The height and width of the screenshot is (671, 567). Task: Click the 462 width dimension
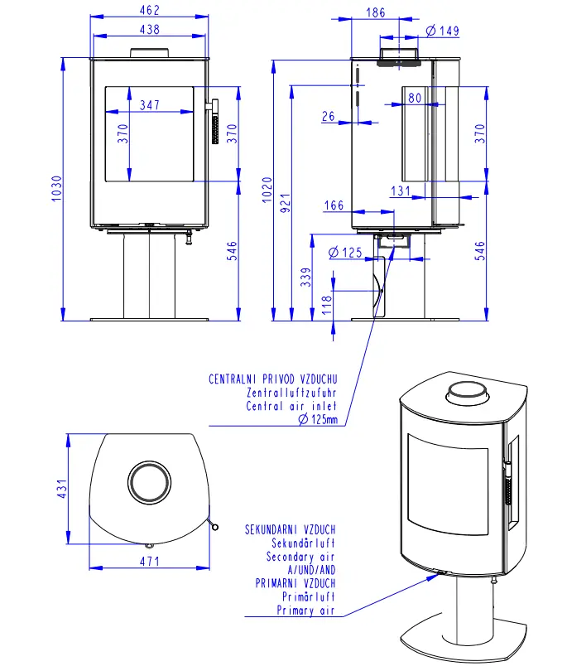(x=150, y=10)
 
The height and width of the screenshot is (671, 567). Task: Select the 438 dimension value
(x=150, y=30)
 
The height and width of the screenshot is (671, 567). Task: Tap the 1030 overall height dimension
(x=56, y=188)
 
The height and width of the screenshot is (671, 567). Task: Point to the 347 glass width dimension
(x=150, y=105)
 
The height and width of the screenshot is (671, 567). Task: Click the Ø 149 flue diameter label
(x=443, y=31)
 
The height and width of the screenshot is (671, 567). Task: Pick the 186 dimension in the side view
(x=376, y=12)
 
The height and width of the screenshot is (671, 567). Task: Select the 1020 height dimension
(x=267, y=190)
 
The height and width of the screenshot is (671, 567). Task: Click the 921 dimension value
(x=286, y=203)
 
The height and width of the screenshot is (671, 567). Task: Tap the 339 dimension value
(x=305, y=277)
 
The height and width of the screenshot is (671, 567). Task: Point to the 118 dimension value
(x=327, y=305)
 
